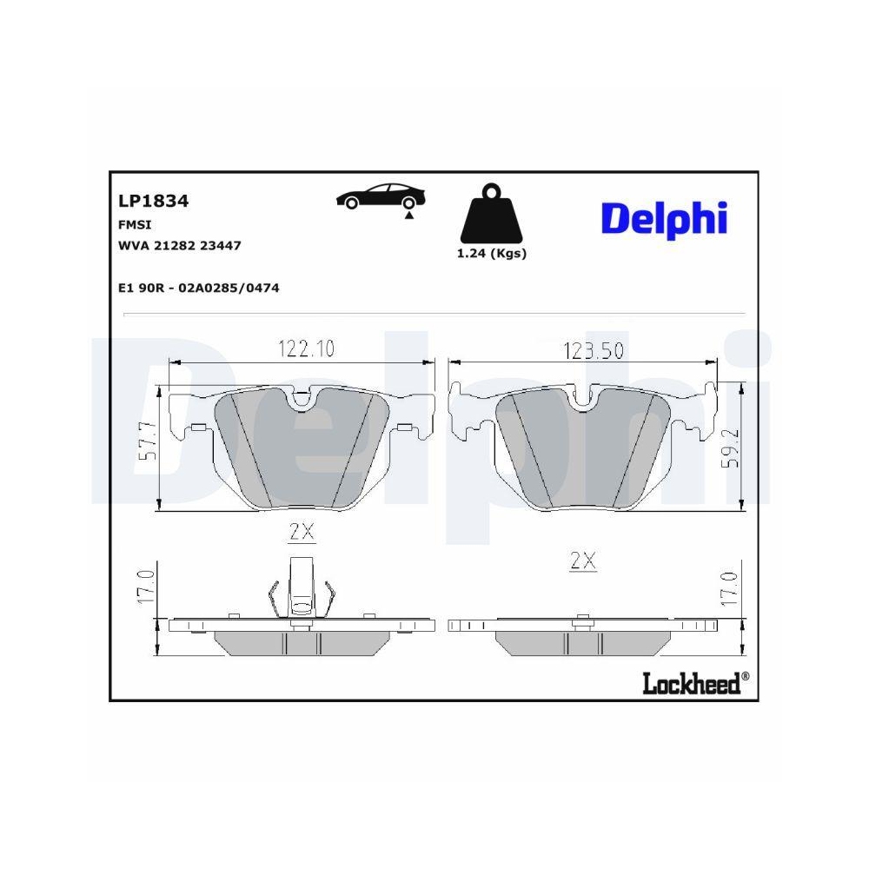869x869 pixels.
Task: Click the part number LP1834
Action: click(153, 202)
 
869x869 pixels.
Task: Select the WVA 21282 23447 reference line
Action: click(179, 246)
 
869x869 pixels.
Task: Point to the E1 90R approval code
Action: click(198, 288)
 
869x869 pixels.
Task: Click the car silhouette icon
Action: click(381, 197)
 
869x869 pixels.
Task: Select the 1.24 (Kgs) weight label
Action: click(491, 254)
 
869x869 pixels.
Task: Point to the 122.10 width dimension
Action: click(306, 349)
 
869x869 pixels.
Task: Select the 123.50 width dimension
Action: click(594, 350)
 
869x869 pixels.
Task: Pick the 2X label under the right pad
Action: click(583, 561)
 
